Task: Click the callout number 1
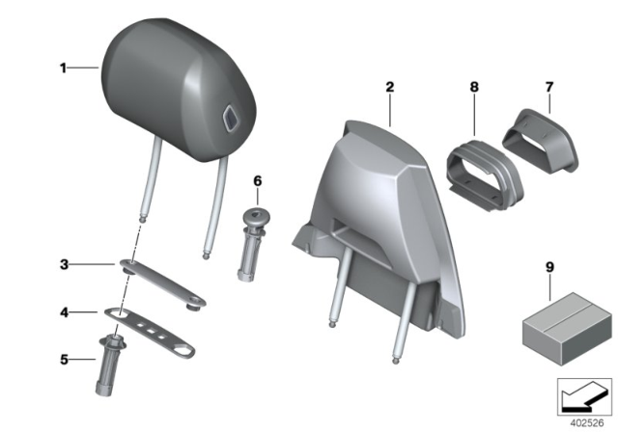pyautogui.click(x=63, y=67)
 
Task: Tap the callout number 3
pyautogui.click(x=63, y=262)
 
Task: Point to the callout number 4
pyautogui.click(x=63, y=311)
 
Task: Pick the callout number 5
pyautogui.click(x=63, y=360)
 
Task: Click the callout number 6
pyautogui.click(x=257, y=180)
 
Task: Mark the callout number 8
pyautogui.click(x=472, y=88)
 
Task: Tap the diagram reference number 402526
pyautogui.click(x=584, y=421)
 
